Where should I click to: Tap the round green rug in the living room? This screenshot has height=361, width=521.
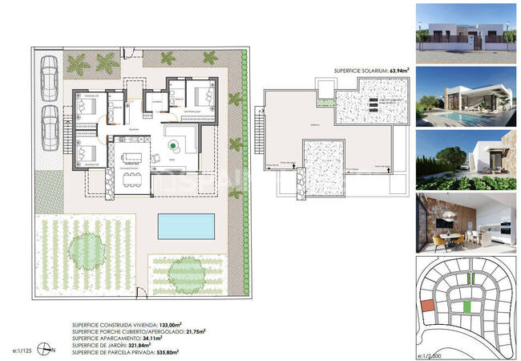pos(173,144)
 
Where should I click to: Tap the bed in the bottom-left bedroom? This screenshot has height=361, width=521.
pos(84,152)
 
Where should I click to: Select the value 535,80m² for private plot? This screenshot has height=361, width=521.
pos(167,351)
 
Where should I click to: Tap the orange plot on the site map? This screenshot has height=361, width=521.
pos(427,306)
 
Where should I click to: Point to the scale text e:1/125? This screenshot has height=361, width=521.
pos(24,351)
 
